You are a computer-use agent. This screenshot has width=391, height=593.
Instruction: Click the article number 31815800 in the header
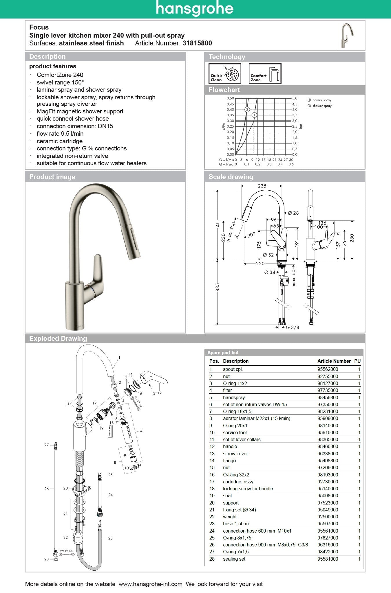tap(197, 43)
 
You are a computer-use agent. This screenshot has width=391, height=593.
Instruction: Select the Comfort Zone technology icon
tap(265, 74)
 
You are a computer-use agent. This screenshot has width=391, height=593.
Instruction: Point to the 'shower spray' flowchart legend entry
tap(322, 106)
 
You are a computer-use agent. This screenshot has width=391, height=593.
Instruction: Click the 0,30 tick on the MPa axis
tap(230, 121)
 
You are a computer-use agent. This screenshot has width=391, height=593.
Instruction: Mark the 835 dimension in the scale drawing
tap(218, 287)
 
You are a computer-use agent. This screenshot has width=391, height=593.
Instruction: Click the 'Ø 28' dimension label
tap(293, 213)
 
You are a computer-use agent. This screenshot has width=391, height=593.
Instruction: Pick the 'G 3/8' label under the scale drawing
tap(293, 327)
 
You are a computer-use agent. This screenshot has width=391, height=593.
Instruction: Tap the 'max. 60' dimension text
tap(294, 278)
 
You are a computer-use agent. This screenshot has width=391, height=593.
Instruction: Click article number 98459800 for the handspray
tap(328, 397)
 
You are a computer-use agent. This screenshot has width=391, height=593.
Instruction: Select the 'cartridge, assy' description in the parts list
tap(238, 482)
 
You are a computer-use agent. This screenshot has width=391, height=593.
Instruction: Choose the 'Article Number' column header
tap(334, 361)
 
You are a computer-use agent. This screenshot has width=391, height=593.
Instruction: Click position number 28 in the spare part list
tap(212, 559)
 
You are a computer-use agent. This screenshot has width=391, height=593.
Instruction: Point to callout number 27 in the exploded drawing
tap(47, 445)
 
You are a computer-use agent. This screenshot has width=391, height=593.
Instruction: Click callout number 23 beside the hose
tap(110, 538)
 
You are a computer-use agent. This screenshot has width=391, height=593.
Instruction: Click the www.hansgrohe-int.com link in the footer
tap(150, 584)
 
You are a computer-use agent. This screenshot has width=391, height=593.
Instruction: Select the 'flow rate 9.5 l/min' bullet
tap(60, 134)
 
